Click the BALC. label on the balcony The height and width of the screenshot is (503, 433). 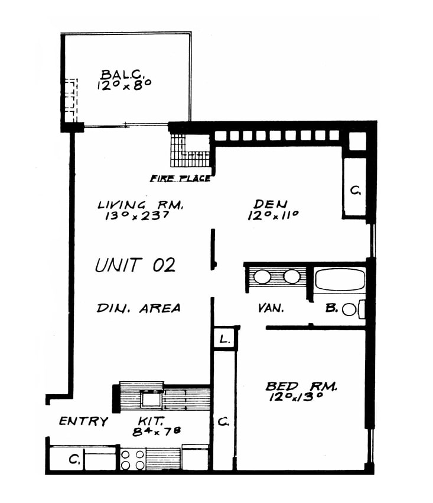click(x=122, y=75)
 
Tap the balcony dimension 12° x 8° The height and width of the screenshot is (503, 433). click(x=124, y=85)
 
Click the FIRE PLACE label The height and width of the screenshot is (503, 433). click(x=181, y=178)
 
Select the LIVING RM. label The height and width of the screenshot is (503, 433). click(x=140, y=205)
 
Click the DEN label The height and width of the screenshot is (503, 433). click(x=271, y=204)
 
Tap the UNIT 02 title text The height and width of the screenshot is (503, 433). click(x=135, y=265)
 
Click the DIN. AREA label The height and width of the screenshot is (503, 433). click(x=138, y=308)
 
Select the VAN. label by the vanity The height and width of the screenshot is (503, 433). click(x=271, y=308)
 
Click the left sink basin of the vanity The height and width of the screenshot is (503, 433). click(x=262, y=276)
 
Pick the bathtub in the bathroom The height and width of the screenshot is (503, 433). click(x=340, y=279)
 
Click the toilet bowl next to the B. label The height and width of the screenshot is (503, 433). click(x=349, y=310)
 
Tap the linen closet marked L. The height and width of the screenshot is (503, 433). click(x=225, y=338)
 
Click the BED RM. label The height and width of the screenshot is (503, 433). click(x=301, y=386)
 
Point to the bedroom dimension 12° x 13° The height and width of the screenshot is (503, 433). click(x=295, y=397)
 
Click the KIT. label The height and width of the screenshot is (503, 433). click(x=151, y=421)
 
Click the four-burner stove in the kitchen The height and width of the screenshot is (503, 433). click(x=132, y=459)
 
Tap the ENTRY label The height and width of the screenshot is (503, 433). click(x=84, y=421)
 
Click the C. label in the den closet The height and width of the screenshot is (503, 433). click(x=355, y=191)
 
